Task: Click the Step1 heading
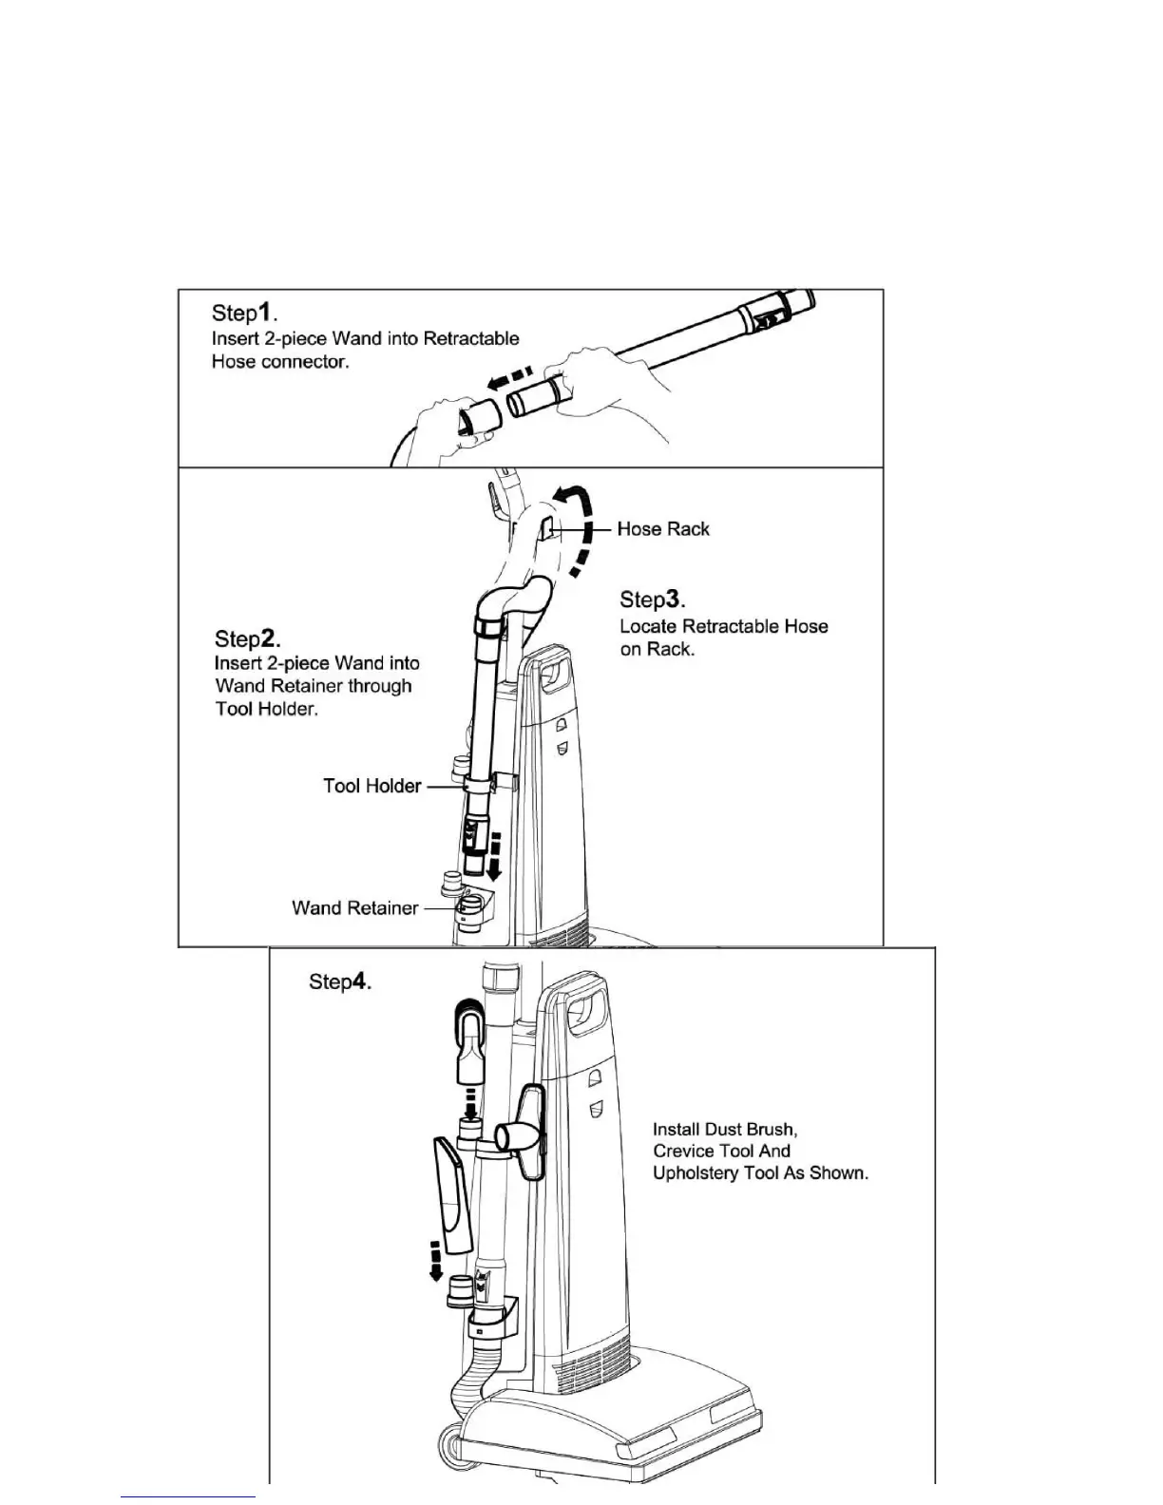pyautogui.click(x=244, y=312)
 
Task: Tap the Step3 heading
pyautogui.click(x=653, y=599)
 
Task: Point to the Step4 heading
pyautogui.click(x=340, y=981)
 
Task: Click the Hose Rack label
pyautogui.click(x=662, y=528)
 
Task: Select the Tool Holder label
pyautogui.click(x=372, y=786)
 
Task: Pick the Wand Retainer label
pyautogui.click(x=354, y=907)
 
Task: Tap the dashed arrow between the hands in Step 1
pyautogui.click(x=503, y=378)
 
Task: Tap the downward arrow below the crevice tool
pyautogui.click(x=435, y=1260)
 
